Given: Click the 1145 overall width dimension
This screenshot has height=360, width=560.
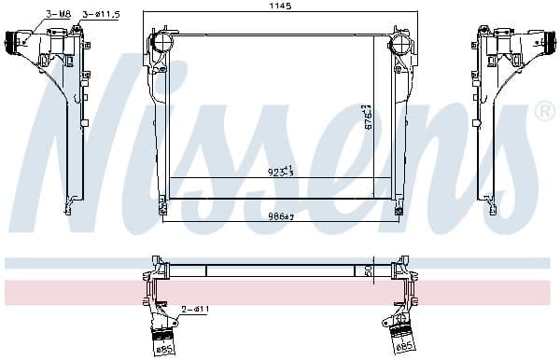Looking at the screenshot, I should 281,7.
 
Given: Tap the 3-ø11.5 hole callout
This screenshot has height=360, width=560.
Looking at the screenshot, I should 99,14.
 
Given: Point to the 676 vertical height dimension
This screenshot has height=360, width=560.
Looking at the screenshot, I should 369,118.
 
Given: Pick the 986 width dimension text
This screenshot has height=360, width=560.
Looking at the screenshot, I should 281,215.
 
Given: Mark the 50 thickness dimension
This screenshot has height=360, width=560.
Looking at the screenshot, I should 368,270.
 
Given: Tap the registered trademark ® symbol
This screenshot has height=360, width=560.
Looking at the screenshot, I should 544,112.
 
